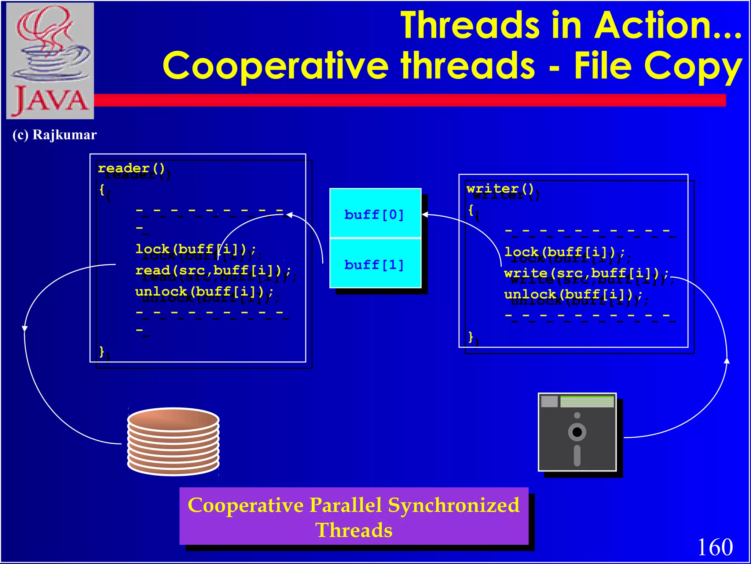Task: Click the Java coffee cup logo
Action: [x=50, y=61]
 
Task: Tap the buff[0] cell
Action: [x=374, y=214]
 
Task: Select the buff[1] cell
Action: [x=374, y=264]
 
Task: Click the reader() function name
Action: [x=131, y=168]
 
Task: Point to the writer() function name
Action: [x=500, y=189]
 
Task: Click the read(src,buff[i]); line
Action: [x=213, y=271]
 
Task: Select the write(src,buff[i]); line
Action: [x=586, y=273]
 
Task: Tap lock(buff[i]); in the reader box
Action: [x=196, y=249]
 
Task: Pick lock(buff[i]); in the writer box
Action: [x=565, y=252]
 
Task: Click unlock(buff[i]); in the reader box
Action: [x=204, y=292]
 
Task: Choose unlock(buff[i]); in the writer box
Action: [x=573, y=294]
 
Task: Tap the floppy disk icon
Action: [x=577, y=432]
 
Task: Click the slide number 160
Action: [x=715, y=547]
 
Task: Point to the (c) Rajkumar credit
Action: [x=55, y=135]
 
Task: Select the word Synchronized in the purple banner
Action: [x=453, y=505]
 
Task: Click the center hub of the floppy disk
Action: [x=577, y=432]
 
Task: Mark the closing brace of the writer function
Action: [x=471, y=336]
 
